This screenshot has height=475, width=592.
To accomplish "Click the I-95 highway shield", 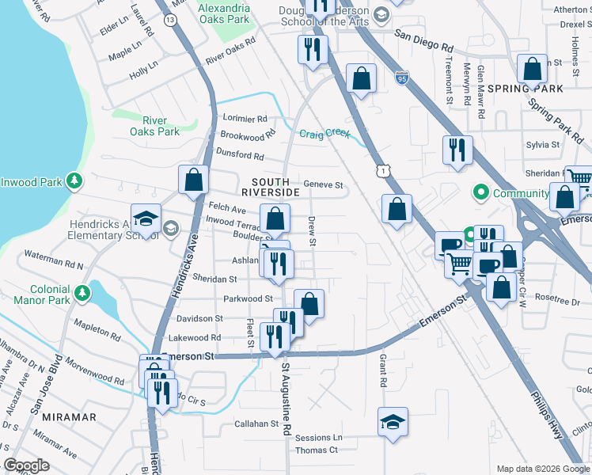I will click(x=402, y=78).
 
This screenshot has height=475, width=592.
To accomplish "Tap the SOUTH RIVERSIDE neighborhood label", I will click(x=270, y=187).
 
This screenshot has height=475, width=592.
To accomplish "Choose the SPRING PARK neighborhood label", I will click(x=526, y=89).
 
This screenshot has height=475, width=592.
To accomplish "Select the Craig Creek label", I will click(x=324, y=133).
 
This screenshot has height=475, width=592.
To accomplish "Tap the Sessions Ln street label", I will click(x=317, y=437).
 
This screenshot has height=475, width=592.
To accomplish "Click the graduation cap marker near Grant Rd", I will click(x=393, y=423).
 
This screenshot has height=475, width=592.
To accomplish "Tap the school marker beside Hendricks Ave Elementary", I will click(x=146, y=218).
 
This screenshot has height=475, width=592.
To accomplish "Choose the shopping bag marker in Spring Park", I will click(x=532, y=68).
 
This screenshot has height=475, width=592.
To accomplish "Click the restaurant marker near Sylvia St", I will click(x=457, y=150).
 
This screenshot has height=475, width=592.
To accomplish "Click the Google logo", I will click(x=27, y=465).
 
